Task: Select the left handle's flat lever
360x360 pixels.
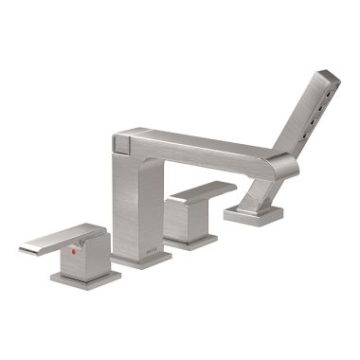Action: click(x=57, y=238)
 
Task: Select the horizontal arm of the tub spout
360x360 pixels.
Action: click(x=204, y=150)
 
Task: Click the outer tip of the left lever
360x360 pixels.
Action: click(x=24, y=249)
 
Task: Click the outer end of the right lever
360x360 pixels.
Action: click(x=231, y=186)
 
